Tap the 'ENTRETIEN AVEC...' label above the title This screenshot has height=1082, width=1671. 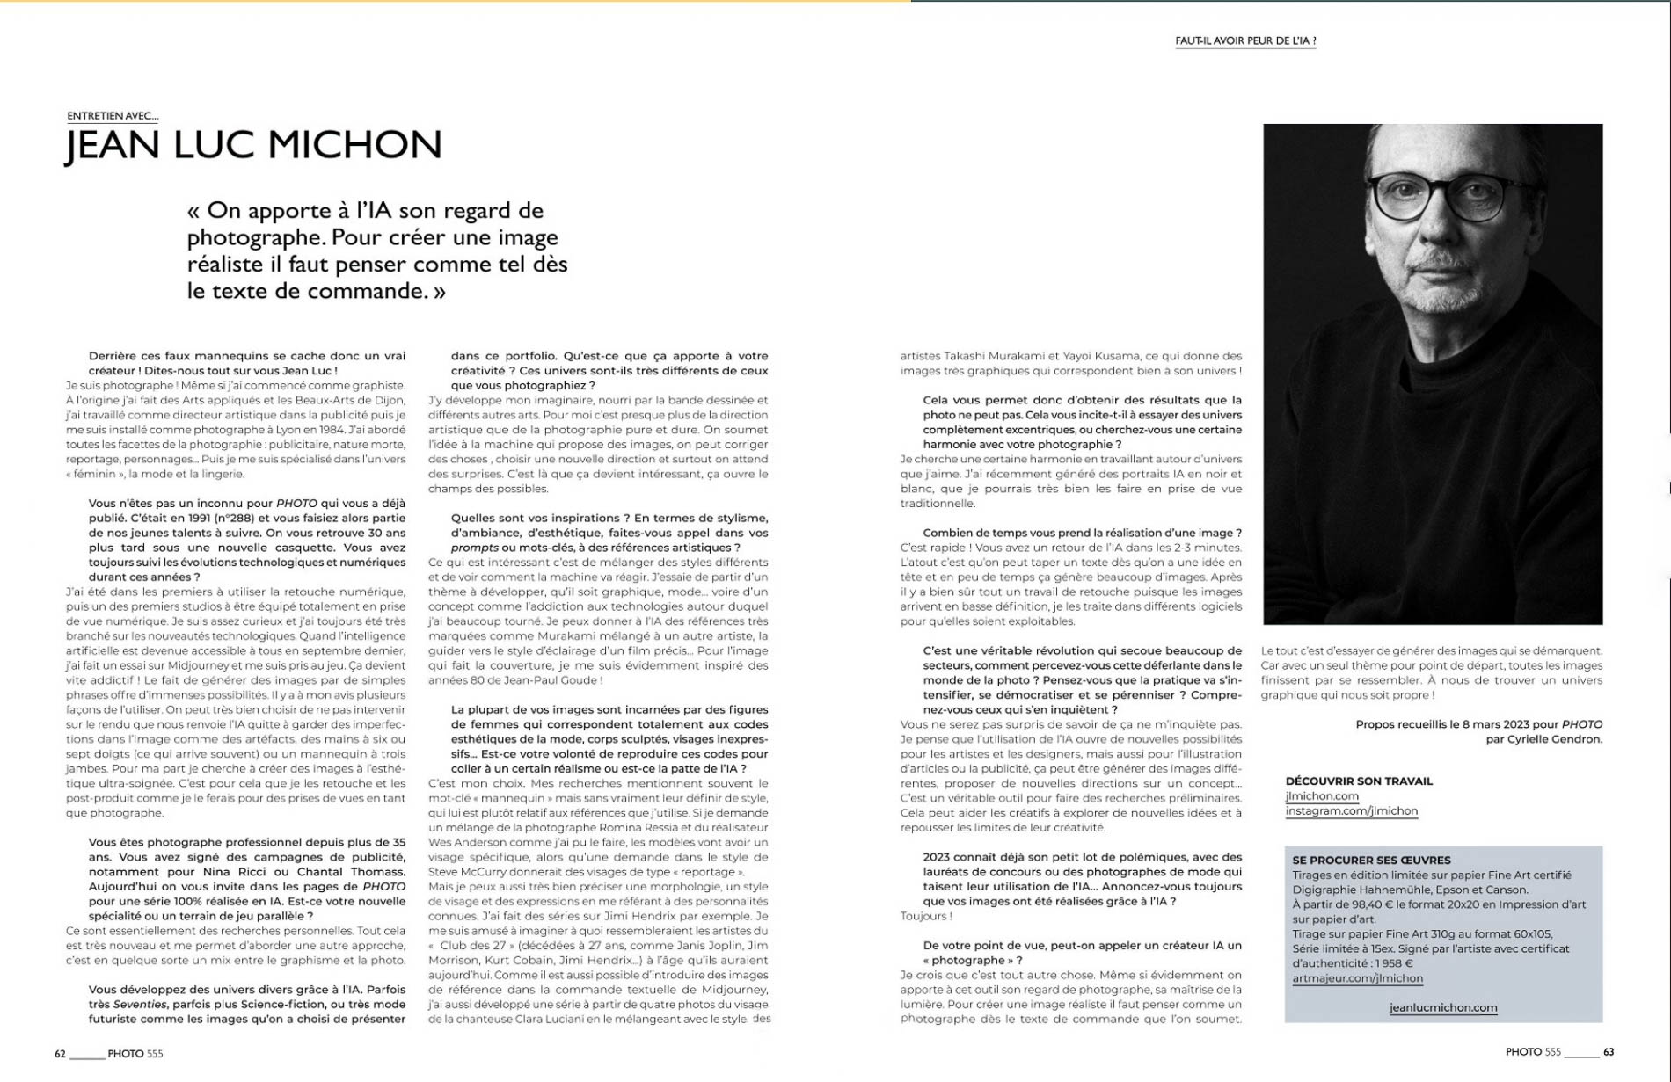click(x=113, y=115)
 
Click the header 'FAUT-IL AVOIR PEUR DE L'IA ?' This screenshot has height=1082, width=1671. click(x=1245, y=40)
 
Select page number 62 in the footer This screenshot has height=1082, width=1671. click(x=60, y=1053)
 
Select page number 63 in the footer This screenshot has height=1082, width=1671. click(x=1609, y=1052)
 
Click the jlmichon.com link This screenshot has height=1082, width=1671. click(x=1322, y=796)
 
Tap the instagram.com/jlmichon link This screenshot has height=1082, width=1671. click(x=1351, y=811)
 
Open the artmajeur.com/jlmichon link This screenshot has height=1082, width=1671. click(x=1357, y=978)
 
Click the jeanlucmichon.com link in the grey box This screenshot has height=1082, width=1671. click(x=1443, y=1008)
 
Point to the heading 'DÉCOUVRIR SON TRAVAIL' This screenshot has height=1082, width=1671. click(x=1359, y=781)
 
